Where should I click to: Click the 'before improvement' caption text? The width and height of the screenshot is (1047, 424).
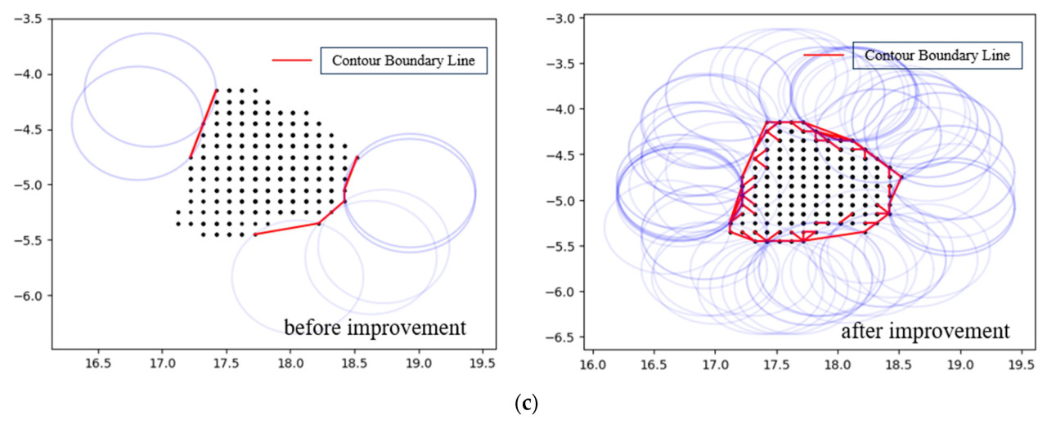(375, 328)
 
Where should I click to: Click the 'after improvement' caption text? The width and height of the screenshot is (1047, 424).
(925, 333)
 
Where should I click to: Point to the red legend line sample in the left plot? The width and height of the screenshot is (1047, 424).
(292, 60)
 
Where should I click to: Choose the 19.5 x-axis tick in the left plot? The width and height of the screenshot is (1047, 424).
(483, 360)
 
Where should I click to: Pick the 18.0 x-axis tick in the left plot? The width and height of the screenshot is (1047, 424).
(290, 360)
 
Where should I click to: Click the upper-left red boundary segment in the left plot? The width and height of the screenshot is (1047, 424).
(204, 123)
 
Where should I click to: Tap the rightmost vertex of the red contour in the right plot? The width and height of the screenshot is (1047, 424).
(902, 176)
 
